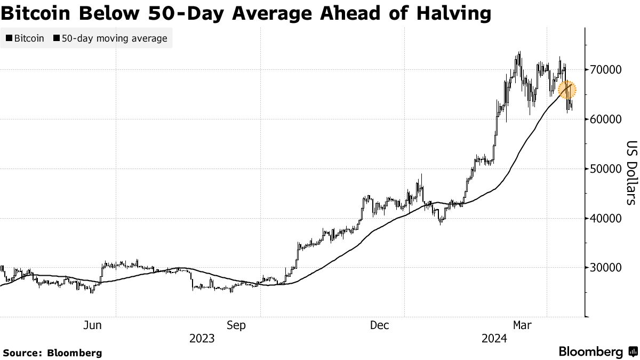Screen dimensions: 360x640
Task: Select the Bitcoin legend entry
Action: pyautogui.click(x=26, y=38)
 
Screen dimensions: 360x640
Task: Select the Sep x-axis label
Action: pyautogui.click(x=236, y=325)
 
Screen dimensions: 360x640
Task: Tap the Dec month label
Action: pyautogui.click(x=381, y=325)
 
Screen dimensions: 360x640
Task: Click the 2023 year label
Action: pyautogui.click(x=202, y=338)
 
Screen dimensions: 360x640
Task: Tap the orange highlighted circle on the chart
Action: pyautogui.click(x=567, y=90)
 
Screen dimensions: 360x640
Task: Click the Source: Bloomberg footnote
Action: pyautogui.click(x=52, y=353)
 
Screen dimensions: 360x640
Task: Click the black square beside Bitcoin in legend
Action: pyautogui.click(x=9, y=38)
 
